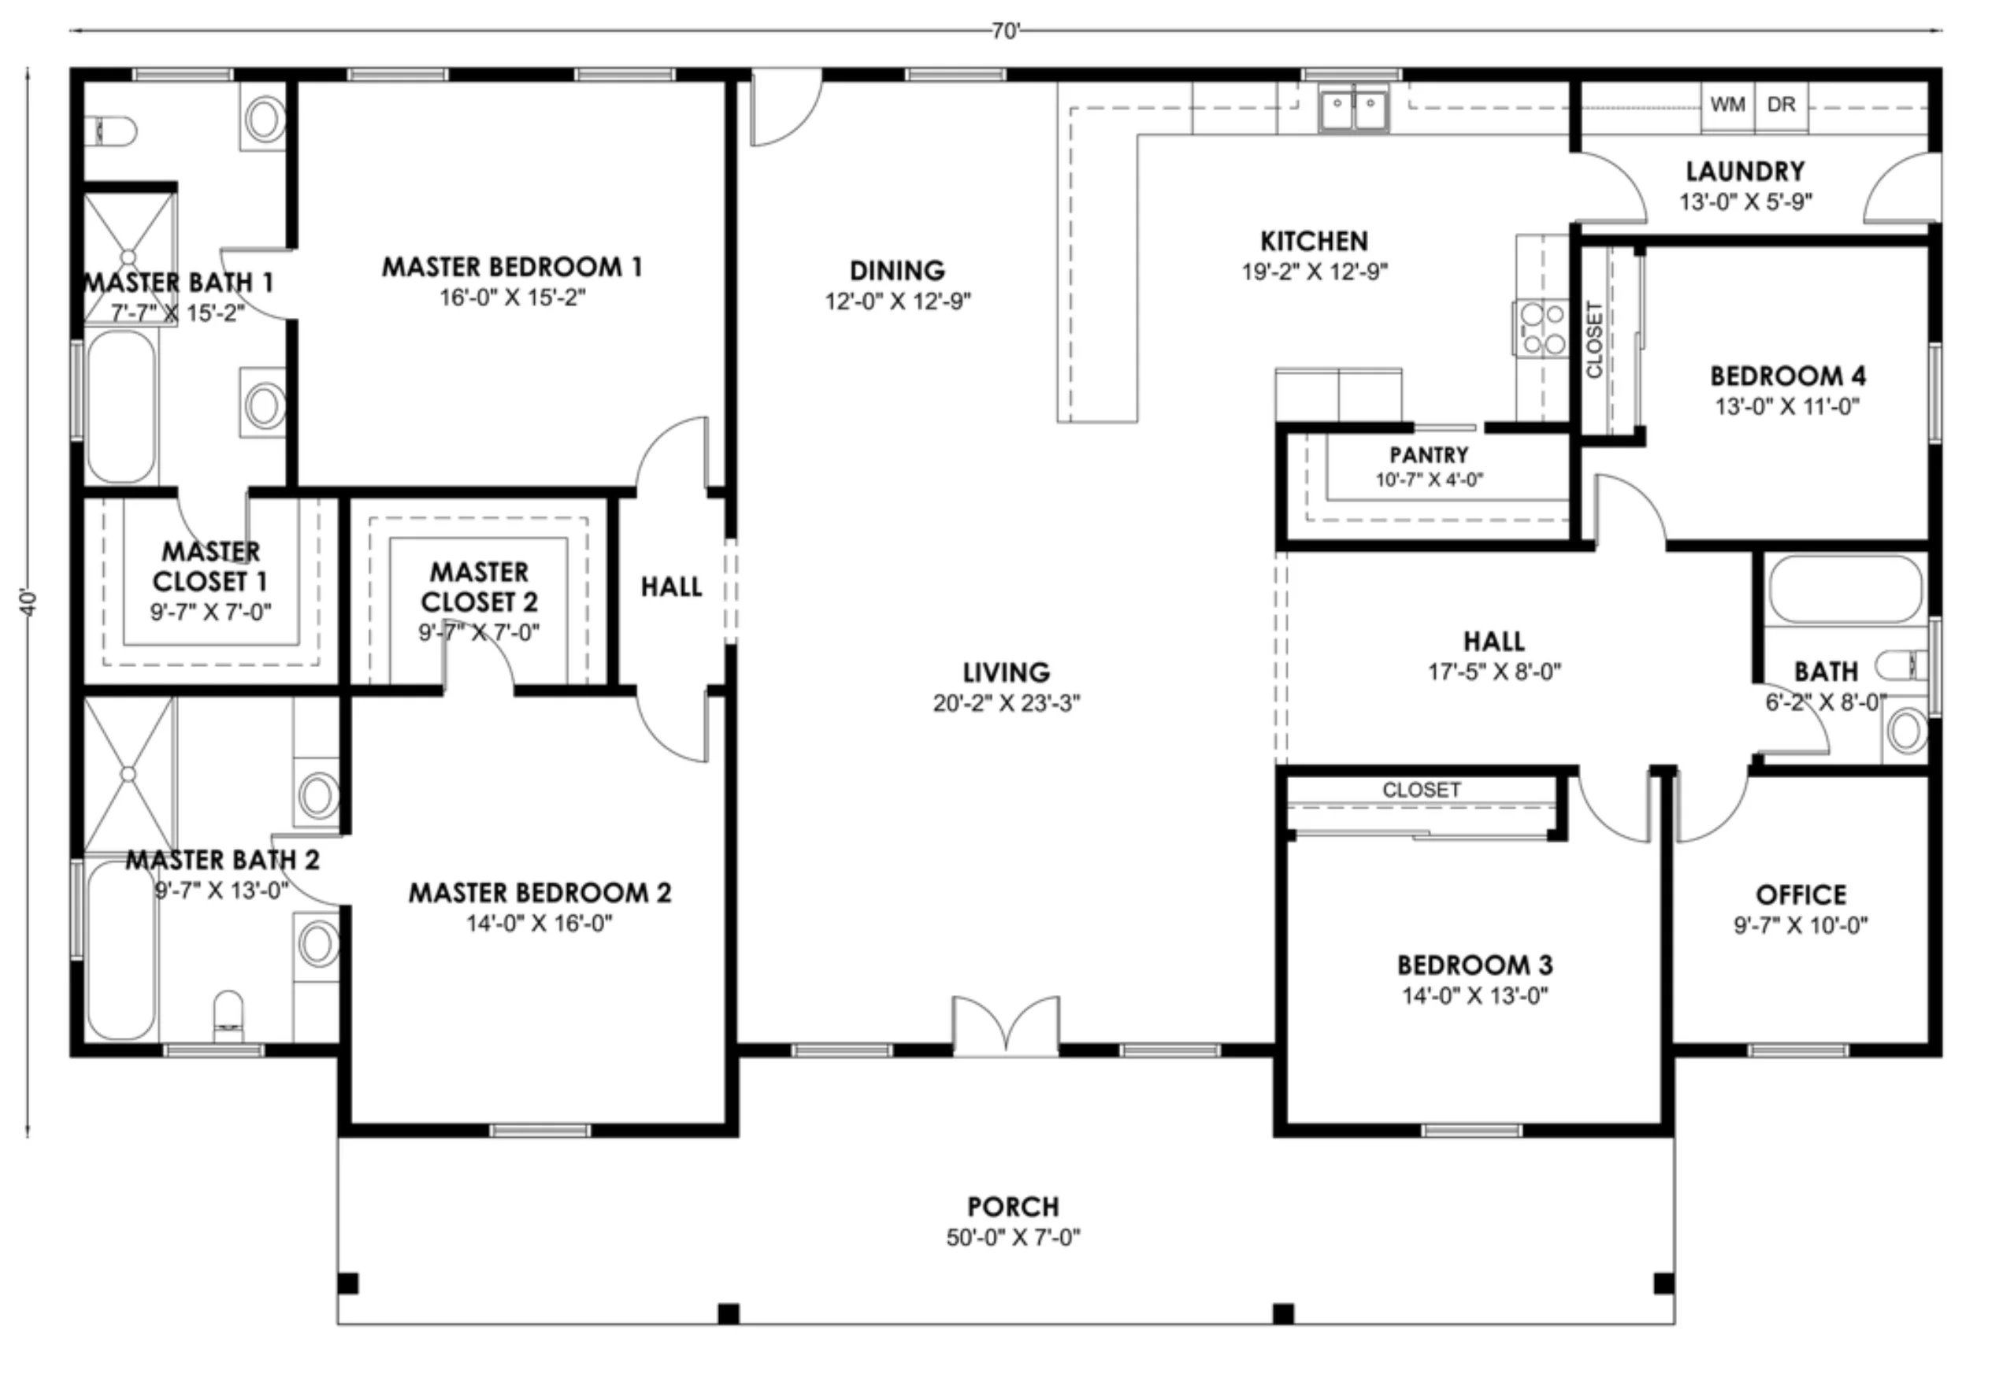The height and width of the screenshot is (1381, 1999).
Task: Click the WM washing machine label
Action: click(1727, 105)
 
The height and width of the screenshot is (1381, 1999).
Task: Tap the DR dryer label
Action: click(1781, 105)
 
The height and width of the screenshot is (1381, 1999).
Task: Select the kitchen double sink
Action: click(1353, 110)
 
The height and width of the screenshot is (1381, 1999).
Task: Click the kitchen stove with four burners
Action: click(1541, 329)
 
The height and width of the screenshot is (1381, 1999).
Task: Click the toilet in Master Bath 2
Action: click(228, 1016)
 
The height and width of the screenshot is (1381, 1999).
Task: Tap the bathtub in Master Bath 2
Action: click(122, 950)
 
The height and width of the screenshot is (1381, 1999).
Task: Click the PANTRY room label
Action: click(1429, 455)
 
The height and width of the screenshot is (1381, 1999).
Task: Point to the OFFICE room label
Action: click(1801, 894)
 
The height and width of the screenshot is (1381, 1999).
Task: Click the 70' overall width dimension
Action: click(1006, 31)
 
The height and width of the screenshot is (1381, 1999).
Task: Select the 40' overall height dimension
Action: click(29, 603)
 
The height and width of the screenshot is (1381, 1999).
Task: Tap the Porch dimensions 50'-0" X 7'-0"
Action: click(1014, 1238)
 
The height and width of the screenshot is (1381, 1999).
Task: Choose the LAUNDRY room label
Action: click(1745, 172)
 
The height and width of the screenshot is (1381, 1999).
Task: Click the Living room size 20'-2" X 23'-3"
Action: click(1007, 703)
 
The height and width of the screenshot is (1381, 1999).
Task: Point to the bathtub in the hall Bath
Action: click(1845, 589)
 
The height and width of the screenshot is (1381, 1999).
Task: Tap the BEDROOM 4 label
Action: click(1788, 376)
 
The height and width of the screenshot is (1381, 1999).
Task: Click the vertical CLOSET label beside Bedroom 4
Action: click(1594, 340)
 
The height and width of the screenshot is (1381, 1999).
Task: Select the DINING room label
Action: click(897, 271)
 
